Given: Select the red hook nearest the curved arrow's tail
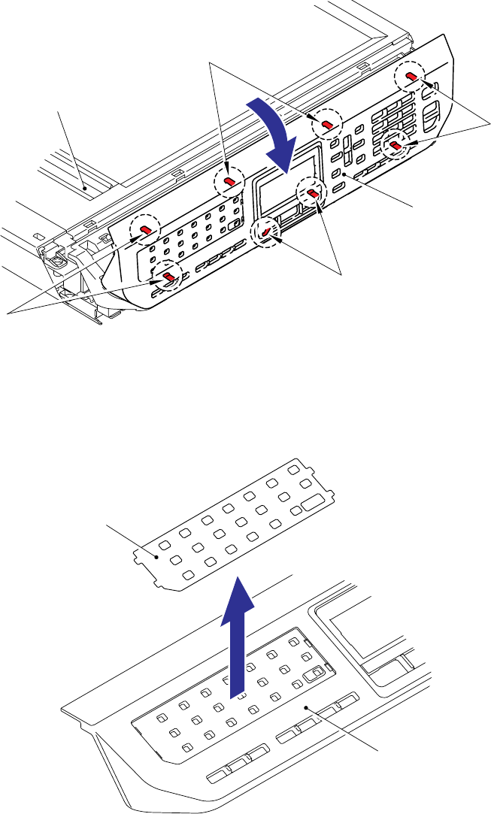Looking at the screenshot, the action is coord(327,123).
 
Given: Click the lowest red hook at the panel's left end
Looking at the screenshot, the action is coord(169,277).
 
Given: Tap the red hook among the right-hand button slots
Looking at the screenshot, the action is coord(394,144).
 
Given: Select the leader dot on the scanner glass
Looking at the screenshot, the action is coord(85,183).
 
